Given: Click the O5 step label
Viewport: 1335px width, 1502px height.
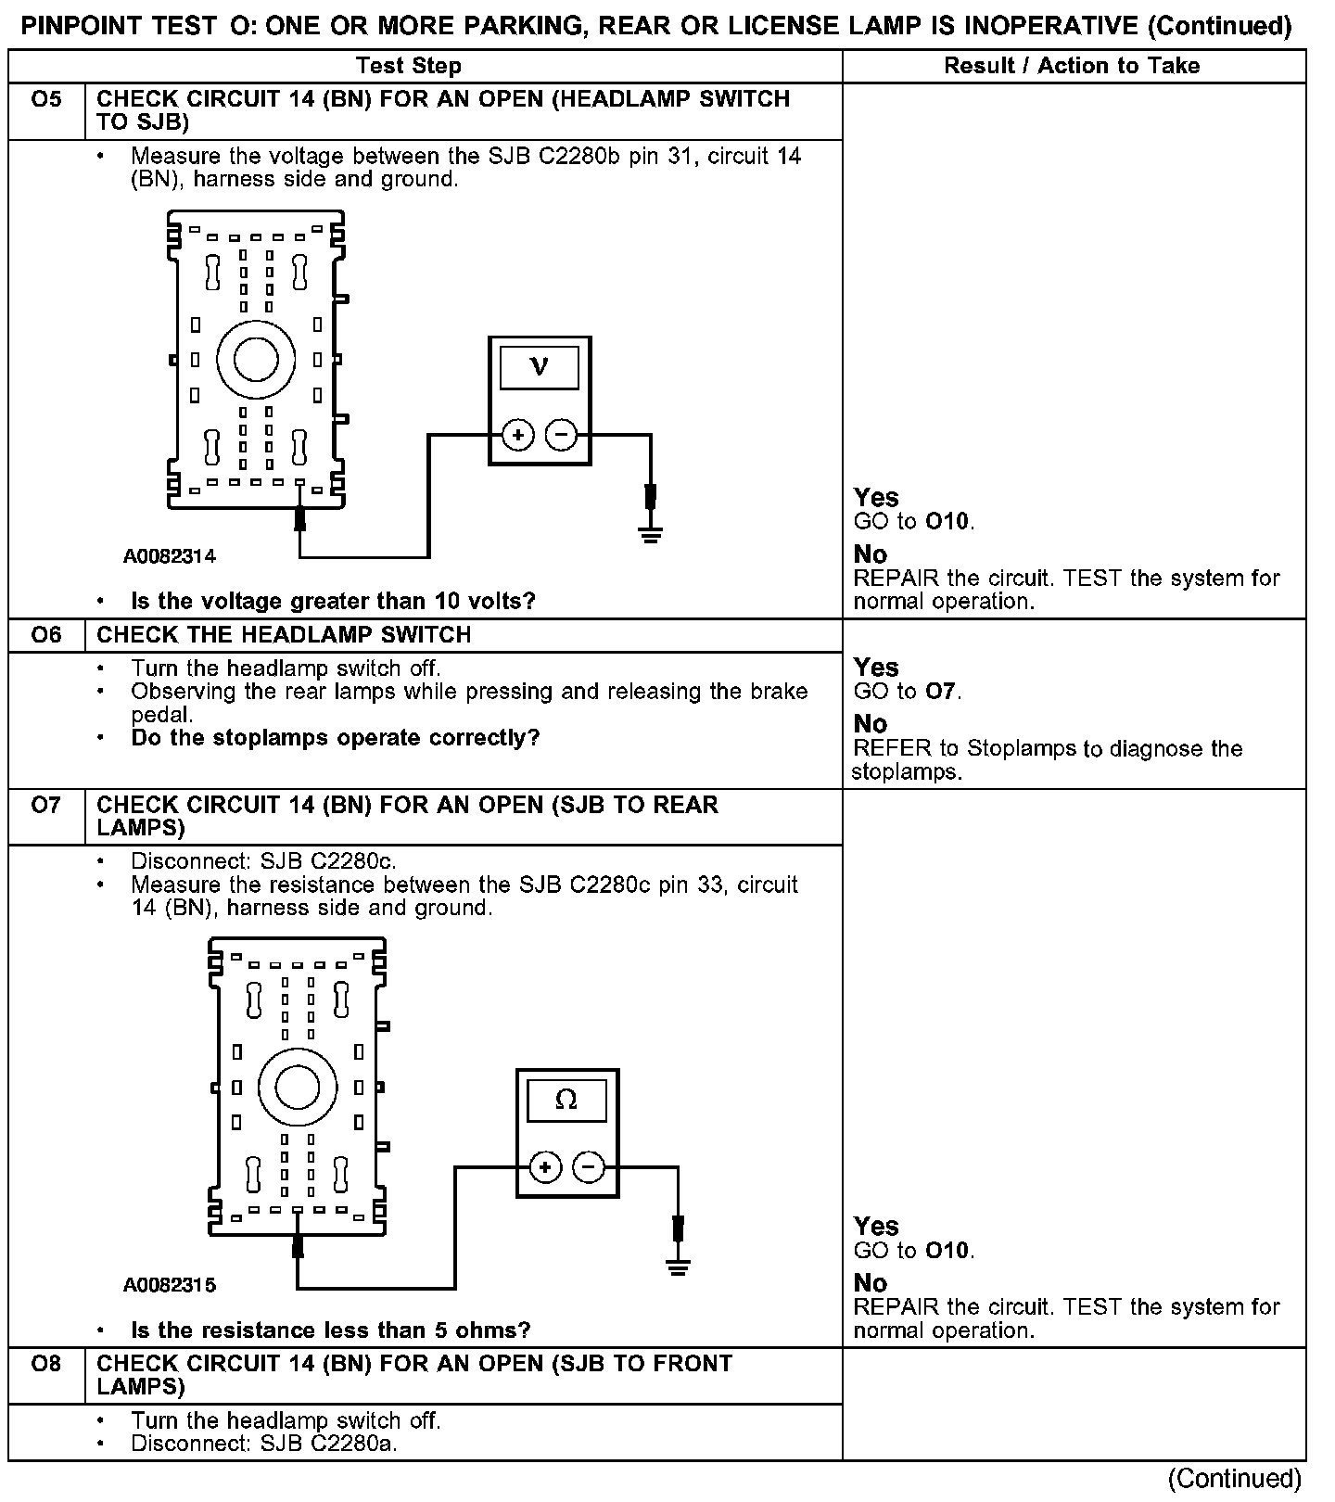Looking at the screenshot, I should pyautogui.click(x=46, y=99).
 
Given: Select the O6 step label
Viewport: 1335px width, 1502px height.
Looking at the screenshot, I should pyautogui.click(x=46, y=635).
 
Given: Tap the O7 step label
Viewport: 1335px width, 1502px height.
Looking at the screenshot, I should pyautogui.click(x=46, y=805).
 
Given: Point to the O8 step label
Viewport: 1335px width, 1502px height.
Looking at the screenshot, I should pyautogui.click(x=46, y=1364).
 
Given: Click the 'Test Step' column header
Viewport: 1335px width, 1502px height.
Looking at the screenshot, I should pyautogui.click(x=409, y=66).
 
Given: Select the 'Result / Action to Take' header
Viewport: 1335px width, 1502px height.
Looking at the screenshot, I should pyautogui.click(x=1072, y=66).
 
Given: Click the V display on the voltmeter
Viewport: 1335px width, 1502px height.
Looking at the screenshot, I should pyautogui.click(x=539, y=367).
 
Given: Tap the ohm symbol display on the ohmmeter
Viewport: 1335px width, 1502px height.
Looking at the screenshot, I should pyautogui.click(x=566, y=1100).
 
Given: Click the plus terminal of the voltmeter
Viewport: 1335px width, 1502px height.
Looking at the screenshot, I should pyautogui.click(x=518, y=435).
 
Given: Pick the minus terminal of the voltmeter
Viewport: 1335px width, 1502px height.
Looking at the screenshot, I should pyautogui.click(x=561, y=435).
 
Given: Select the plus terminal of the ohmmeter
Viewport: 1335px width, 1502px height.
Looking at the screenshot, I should pyautogui.click(x=545, y=1167).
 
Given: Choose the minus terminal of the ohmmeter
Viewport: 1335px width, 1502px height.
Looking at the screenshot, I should pyautogui.click(x=589, y=1167).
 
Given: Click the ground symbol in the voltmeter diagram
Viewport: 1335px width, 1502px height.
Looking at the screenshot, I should pyautogui.click(x=651, y=533).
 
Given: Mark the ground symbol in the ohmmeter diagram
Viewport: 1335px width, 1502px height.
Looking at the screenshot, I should pyautogui.click(x=679, y=1266).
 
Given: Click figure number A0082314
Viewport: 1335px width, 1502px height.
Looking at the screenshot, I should pyautogui.click(x=170, y=556).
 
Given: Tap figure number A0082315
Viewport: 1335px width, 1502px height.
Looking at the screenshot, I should pyautogui.click(x=170, y=1285).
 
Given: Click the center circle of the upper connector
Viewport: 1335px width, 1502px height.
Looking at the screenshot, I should pyautogui.click(x=256, y=360).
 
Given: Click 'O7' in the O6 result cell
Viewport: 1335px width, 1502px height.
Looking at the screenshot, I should pyautogui.click(x=942, y=692).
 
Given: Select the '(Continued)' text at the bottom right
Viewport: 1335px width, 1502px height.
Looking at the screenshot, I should pyautogui.click(x=1235, y=1479).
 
